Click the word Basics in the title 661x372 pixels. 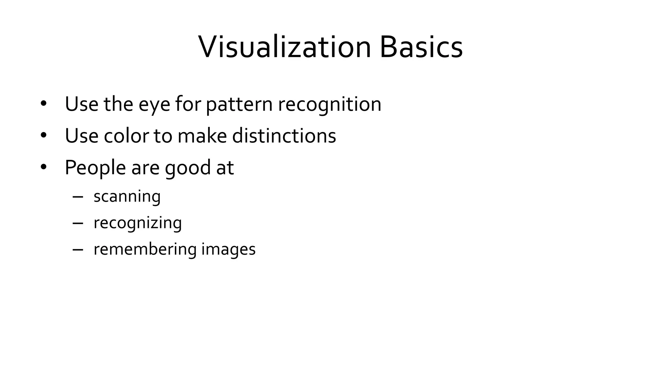pos(421,47)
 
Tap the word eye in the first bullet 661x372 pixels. pos(154,105)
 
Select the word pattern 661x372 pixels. pos(239,105)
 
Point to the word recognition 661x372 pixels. pos(330,105)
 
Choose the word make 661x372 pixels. pos(202,136)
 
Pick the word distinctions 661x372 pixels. pos(284,136)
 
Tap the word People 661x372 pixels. pos(95,168)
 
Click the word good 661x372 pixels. pos(188,168)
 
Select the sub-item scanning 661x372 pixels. pos(127,197)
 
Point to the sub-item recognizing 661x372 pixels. pos(138,223)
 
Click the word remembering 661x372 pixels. pos(145,250)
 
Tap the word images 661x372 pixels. pos(229,250)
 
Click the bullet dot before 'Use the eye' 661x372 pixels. pos(44,104)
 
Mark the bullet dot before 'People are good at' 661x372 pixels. pos(44,167)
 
